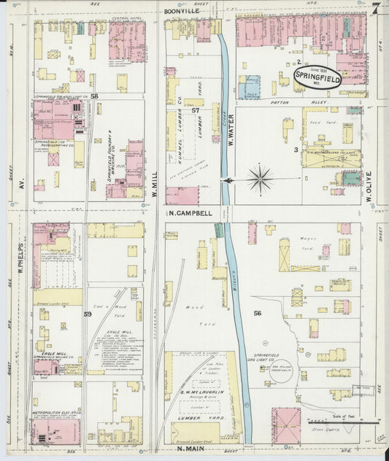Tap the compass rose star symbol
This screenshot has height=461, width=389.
pyautogui.click(x=261, y=177)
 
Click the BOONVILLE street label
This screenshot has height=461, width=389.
pyautogui.click(x=182, y=12)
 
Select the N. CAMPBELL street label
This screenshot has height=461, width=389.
pyautogui.click(x=190, y=214)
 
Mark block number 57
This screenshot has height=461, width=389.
pyautogui.click(x=196, y=110)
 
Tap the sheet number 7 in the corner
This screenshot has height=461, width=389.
pyautogui.click(x=374, y=9)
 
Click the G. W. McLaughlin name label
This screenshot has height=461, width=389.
pyautogui.click(x=201, y=392)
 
